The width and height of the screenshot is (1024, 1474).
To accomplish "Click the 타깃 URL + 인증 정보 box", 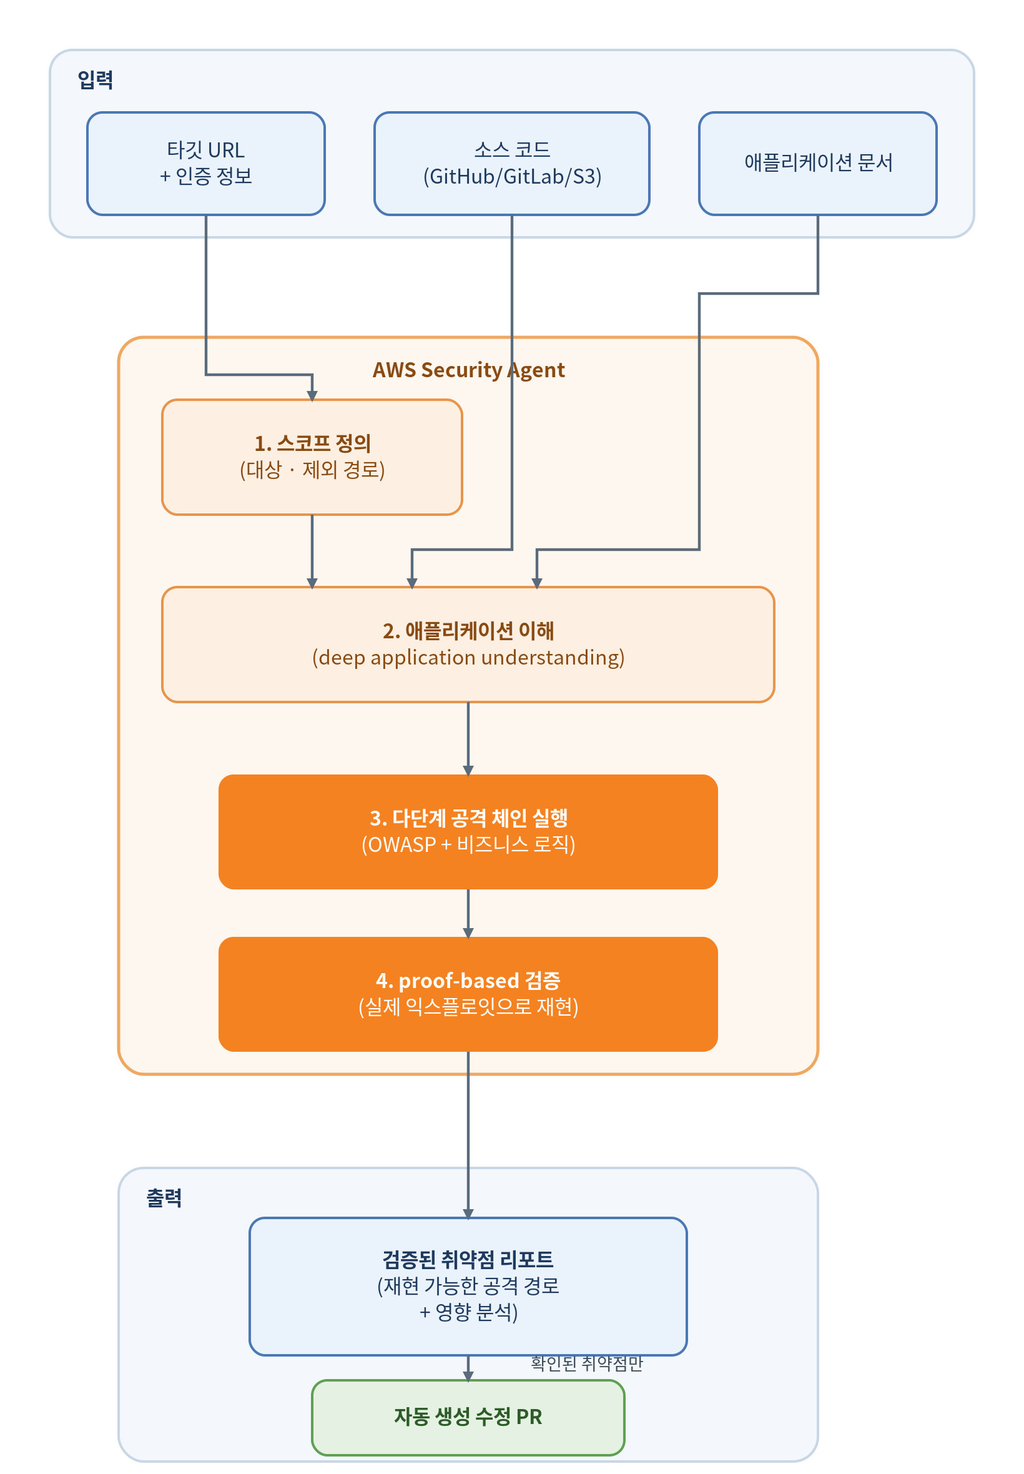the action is tap(206, 164).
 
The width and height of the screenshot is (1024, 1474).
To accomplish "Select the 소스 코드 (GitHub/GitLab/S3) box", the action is tap(512, 164).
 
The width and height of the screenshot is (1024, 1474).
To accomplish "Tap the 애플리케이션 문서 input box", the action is tap(818, 164).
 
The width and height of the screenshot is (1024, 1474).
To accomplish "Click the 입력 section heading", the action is tap(96, 80).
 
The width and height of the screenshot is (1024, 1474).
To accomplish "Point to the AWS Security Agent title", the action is tap(469, 370).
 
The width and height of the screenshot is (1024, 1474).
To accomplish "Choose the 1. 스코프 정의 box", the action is tap(312, 457).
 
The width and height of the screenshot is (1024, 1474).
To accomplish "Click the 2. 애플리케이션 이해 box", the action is tap(468, 645).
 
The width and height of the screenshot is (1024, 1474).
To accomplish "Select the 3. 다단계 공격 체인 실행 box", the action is tap(468, 832).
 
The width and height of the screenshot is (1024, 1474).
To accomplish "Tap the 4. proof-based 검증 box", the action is tap(468, 994).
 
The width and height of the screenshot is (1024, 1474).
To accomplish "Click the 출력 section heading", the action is tap(164, 1198).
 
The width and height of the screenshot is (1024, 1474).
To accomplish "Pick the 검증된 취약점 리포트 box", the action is tap(468, 1286).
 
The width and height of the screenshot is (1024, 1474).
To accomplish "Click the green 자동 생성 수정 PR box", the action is tap(468, 1418).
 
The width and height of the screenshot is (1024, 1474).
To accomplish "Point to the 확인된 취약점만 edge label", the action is tap(587, 1363).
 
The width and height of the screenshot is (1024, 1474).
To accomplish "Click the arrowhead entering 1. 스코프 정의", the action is tap(312, 396).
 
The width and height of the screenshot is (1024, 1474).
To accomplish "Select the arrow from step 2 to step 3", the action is tap(468, 739).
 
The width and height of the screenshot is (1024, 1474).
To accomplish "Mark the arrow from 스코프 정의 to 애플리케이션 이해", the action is tap(312, 552).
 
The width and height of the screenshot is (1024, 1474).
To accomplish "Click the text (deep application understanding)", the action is tap(468, 658).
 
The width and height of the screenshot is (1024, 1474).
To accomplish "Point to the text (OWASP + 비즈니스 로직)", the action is tap(468, 844).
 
